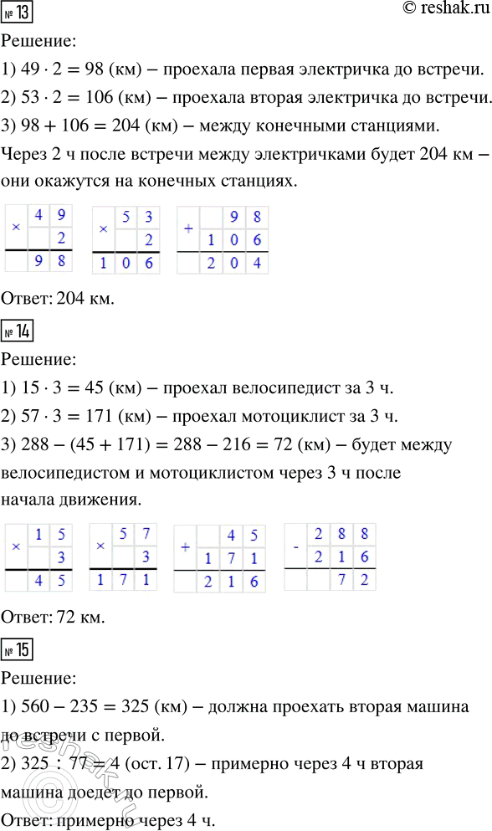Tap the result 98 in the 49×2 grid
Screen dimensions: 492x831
coord(52,261)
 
